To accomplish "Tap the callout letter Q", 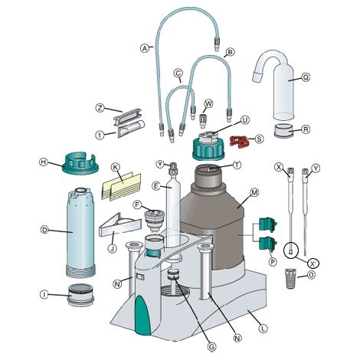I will pyautogui.click(x=306, y=77).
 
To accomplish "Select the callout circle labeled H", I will pyautogui.click(x=43, y=162).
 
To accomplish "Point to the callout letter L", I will pyautogui.click(x=263, y=328).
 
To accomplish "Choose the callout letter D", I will pyautogui.click(x=45, y=227).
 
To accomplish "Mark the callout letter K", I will pyautogui.click(x=116, y=167).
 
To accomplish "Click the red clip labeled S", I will pyautogui.click(x=241, y=141).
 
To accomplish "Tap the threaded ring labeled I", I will pyautogui.click(x=80, y=294).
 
